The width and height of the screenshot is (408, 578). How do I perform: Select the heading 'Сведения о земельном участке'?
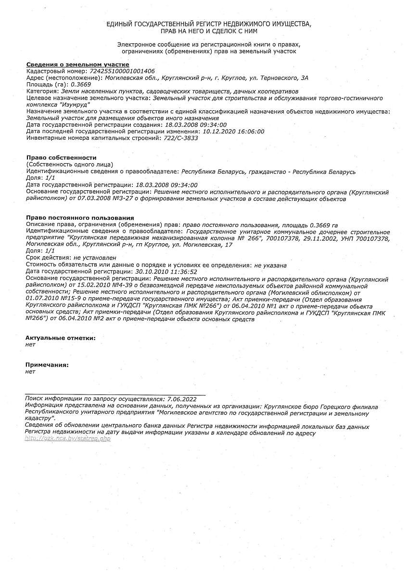pos(77,65)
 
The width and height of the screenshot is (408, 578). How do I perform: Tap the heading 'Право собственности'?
pos(61,158)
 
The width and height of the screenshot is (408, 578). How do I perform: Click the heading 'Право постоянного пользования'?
pos(80,218)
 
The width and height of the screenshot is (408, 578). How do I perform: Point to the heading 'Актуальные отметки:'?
pos(61,338)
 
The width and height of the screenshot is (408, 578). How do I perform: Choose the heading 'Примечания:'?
pos(47,365)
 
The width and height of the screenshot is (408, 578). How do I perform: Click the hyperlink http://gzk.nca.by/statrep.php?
pos(68,439)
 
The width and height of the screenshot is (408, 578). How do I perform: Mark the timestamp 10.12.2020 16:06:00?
pos(234,131)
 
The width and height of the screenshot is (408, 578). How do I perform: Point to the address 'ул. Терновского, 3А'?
pos(280,78)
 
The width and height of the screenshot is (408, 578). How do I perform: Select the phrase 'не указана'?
pos(270,265)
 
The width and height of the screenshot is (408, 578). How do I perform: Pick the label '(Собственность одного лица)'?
pos(69,164)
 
